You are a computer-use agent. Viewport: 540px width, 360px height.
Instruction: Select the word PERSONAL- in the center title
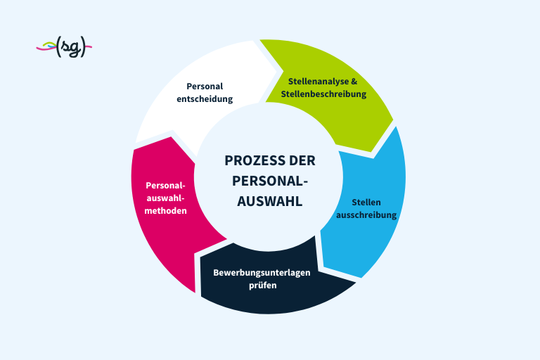point(270,181)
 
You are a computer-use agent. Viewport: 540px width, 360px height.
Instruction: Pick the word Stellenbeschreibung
point(323,94)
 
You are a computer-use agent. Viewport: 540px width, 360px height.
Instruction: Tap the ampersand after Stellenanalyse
point(354,81)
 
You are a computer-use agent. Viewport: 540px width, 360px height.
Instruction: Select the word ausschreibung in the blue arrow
point(366,215)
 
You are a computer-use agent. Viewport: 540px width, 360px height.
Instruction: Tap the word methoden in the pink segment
point(166,210)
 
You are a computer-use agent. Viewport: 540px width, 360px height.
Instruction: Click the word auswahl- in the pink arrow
point(166,198)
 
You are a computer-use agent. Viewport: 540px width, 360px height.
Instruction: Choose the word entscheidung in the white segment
point(205,99)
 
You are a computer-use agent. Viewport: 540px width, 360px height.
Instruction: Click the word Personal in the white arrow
point(205,86)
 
